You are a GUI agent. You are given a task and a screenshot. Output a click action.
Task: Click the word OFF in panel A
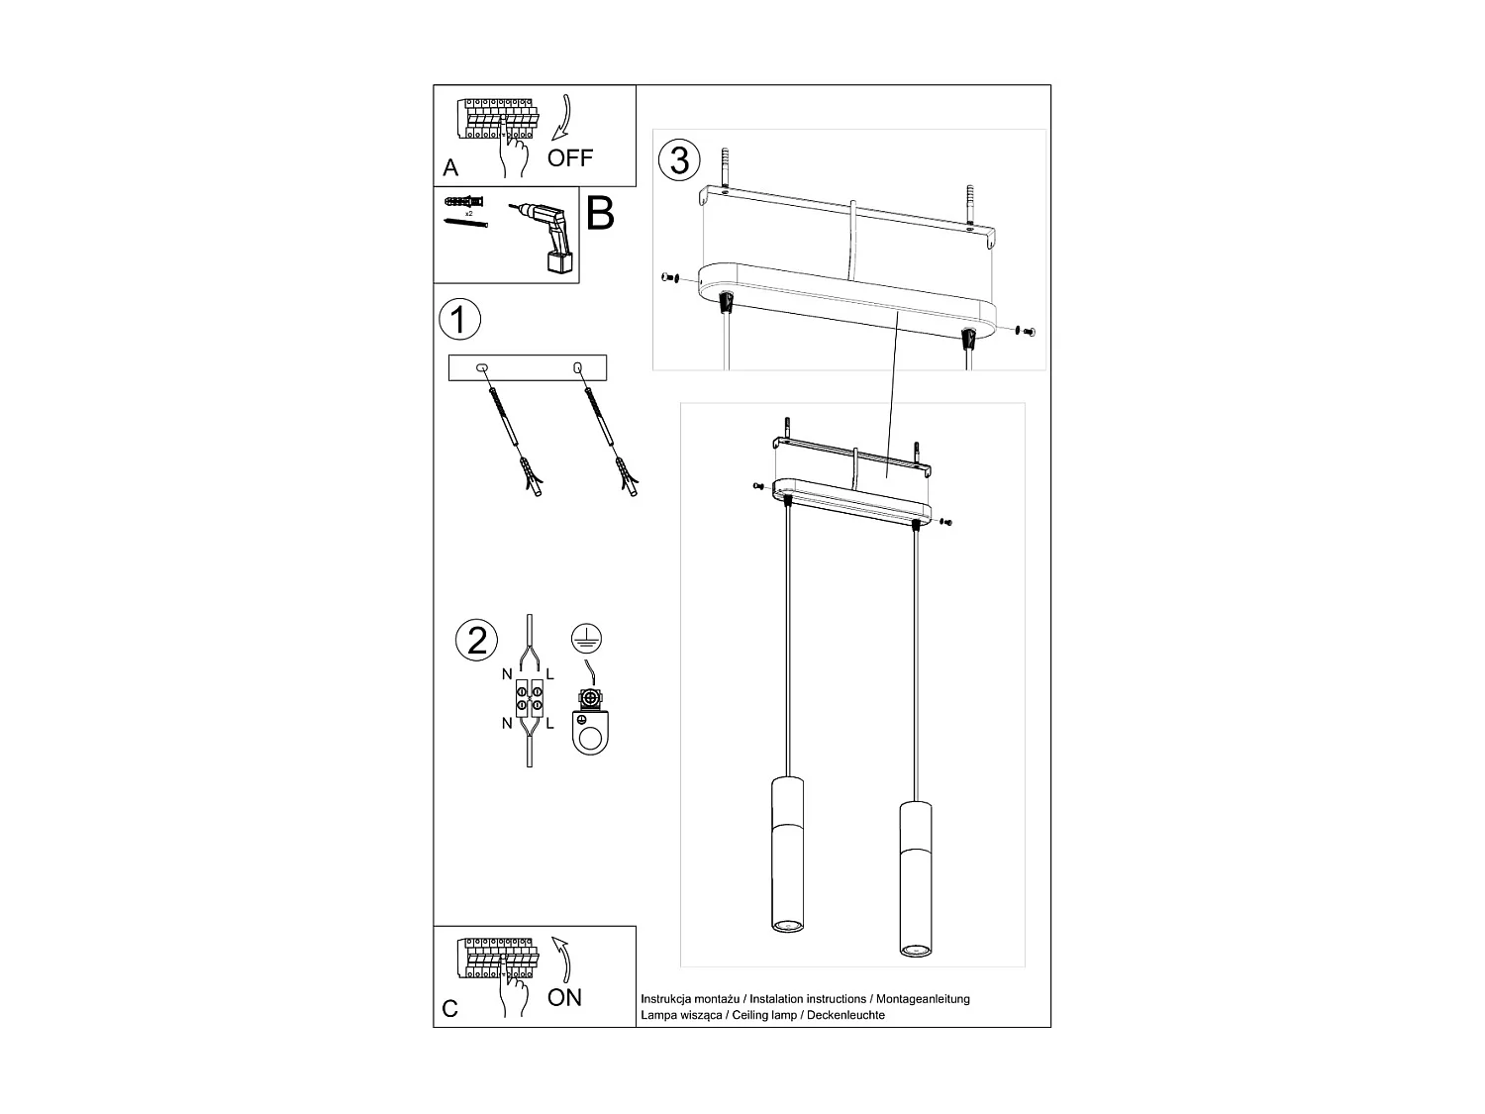[570, 157]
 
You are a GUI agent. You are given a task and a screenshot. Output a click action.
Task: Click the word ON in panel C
[564, 997]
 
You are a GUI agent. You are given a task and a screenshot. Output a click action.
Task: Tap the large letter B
[600, 214]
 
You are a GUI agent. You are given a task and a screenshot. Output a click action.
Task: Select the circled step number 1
[458, 320]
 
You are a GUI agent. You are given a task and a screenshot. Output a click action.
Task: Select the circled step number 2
[476, 640]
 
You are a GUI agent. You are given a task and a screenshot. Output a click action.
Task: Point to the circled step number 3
[679, 159]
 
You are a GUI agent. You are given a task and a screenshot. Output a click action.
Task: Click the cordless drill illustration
[546, 236]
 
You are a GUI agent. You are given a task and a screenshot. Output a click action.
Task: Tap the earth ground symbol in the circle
[587, 638]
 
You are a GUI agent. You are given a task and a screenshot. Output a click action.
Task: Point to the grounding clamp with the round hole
[590, 723]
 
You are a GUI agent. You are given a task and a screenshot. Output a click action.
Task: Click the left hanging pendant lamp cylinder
[787, 854]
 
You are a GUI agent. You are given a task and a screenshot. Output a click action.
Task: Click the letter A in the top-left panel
[451, 167]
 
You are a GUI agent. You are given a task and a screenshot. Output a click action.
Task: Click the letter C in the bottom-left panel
[450, 1009]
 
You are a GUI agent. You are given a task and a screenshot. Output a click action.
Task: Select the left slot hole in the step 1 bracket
[483, 368]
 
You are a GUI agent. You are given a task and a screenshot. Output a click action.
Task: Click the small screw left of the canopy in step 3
[669, 278]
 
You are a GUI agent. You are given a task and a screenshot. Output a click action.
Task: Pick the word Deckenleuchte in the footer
[845, 1015]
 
